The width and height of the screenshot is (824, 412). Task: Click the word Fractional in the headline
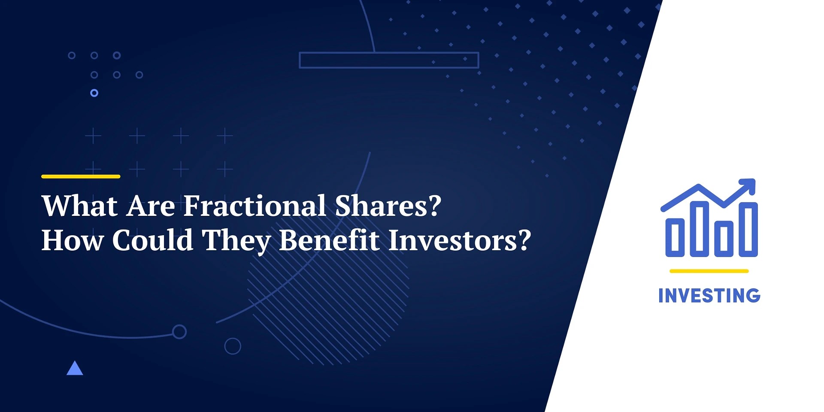point(255,206)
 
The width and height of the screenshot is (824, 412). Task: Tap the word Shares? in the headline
point(388,206)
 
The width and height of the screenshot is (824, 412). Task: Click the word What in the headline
point(80,206)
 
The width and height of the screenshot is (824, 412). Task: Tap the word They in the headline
point(236,241)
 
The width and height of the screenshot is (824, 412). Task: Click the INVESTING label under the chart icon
point(709,296)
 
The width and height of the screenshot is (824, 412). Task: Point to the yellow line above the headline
point(81,176)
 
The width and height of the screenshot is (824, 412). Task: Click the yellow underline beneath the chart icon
point(709,271)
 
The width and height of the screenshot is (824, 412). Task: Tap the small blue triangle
point(75,369)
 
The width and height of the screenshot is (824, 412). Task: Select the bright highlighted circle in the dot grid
point(94,93)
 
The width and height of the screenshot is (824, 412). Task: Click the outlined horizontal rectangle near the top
point(389,60)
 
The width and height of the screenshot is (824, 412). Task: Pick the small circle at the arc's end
point(179,331)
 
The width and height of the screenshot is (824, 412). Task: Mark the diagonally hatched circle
point(328,300)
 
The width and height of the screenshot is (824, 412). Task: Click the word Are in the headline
point(151,206)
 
